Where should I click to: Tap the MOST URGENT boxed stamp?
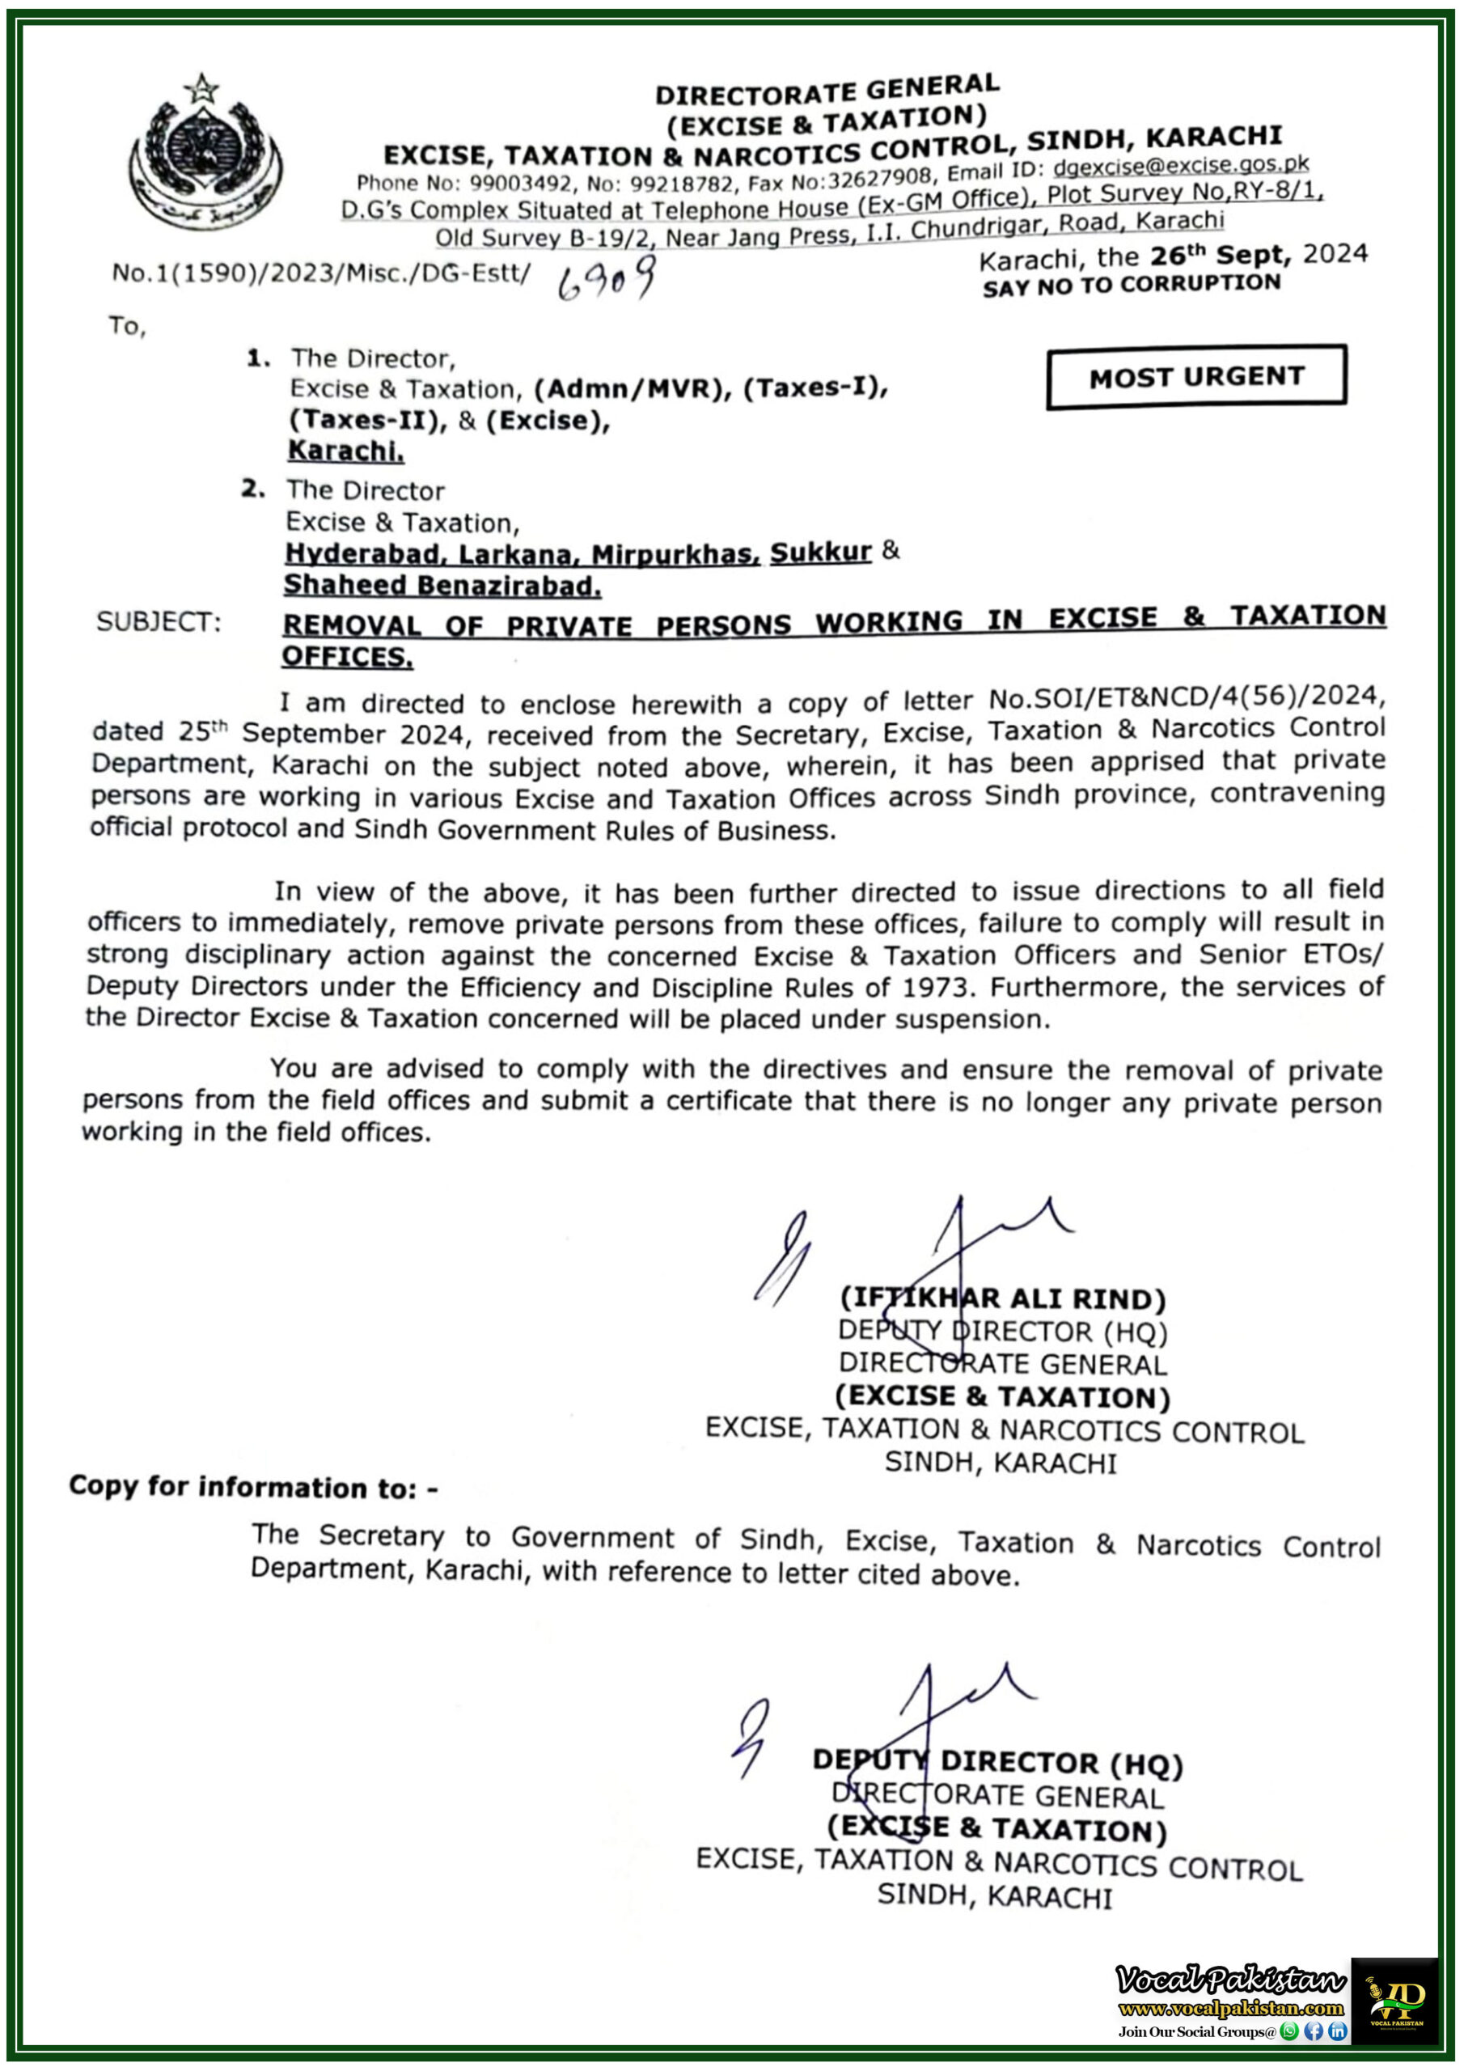pos(1196,376)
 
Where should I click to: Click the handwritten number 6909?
pos(605,280)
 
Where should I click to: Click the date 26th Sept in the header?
pos(1220,256)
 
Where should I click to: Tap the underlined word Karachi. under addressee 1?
pos(345,450)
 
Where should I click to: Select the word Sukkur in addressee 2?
pos(820,552)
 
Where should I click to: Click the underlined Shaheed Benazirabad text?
pos(442,587)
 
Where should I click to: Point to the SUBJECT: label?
pos(159,622)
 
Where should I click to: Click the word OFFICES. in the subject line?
pos(347,657)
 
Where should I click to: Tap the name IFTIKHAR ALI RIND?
pos(1002,1300)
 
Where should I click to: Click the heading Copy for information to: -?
pos(253,1488)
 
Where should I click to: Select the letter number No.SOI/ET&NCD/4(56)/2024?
pos(1187,698)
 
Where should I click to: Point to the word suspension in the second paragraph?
pos(988,1020)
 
